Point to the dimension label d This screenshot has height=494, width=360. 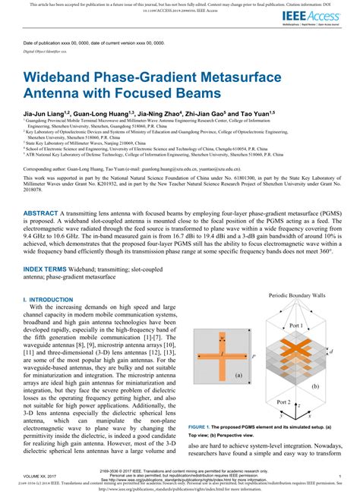click(330, 352)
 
